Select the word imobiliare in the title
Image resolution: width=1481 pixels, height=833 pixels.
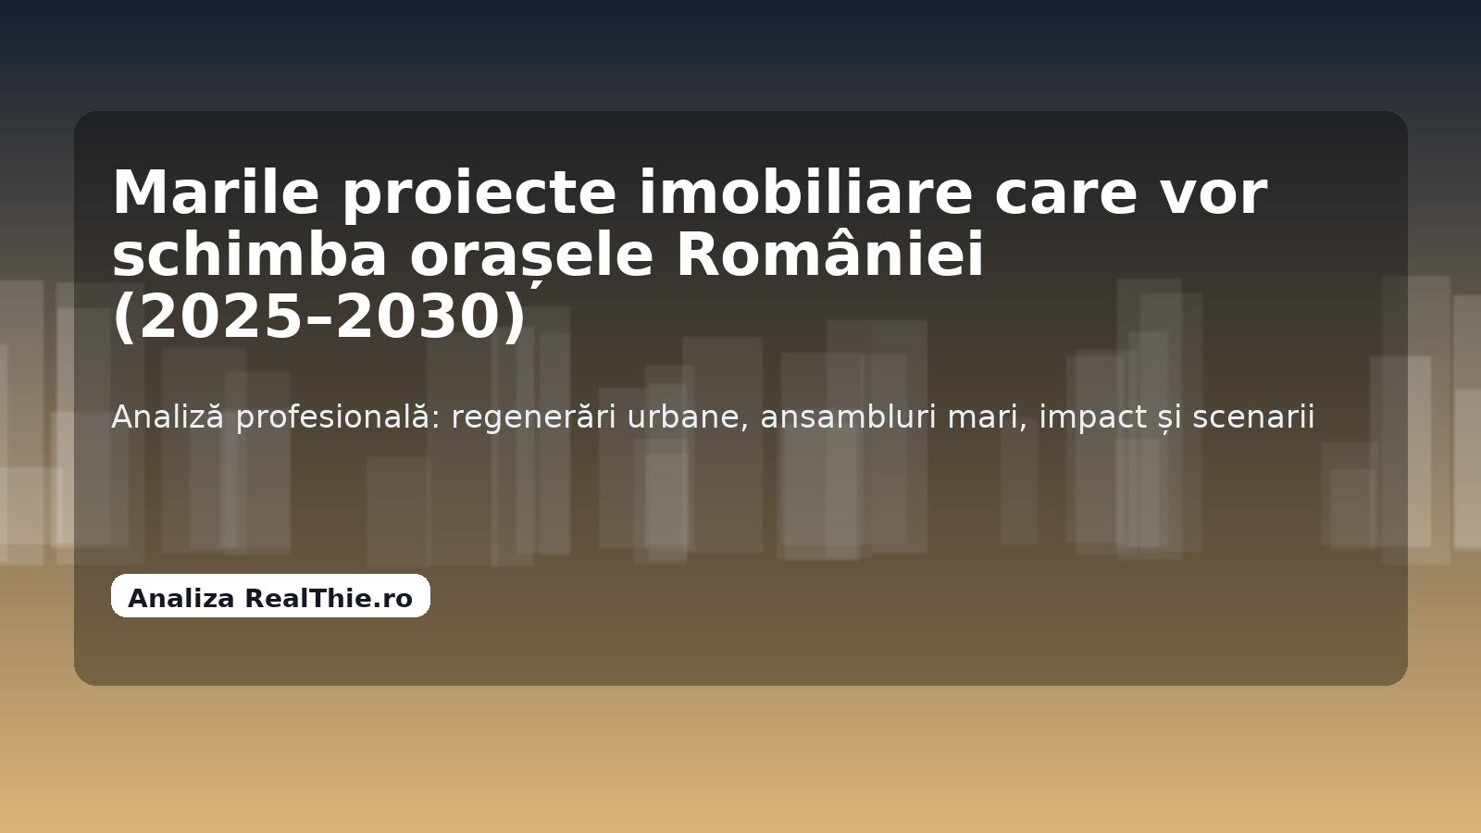806,193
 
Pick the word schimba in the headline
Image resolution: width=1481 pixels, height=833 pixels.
250,255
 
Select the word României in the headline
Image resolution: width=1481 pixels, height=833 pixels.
829,253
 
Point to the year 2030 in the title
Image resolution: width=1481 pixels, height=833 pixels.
418,317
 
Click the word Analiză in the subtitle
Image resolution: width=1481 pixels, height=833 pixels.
168,416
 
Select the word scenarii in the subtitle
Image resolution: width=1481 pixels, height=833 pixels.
1253,417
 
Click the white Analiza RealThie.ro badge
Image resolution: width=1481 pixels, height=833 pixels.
270,596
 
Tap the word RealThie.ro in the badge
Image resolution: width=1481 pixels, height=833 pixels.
329,598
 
